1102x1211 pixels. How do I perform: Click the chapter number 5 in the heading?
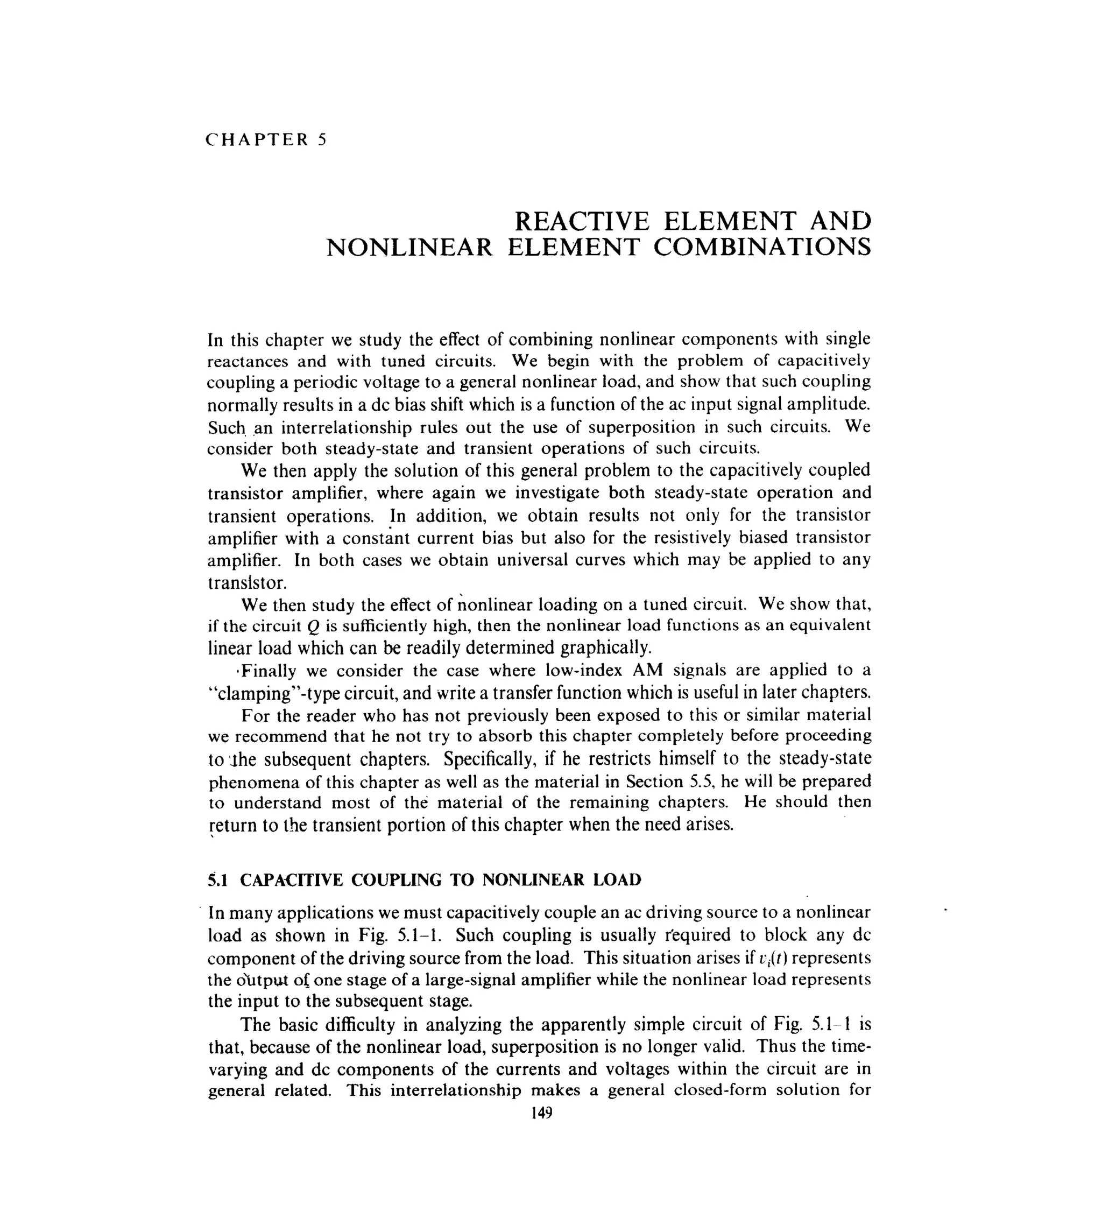click(322, 140)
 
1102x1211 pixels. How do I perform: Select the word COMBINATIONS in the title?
click(761, 248)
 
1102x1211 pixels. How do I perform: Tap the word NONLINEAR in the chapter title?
click(409, 248)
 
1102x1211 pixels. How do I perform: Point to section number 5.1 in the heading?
click(217, 880)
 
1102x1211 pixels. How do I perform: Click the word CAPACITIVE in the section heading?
click(291, 880)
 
